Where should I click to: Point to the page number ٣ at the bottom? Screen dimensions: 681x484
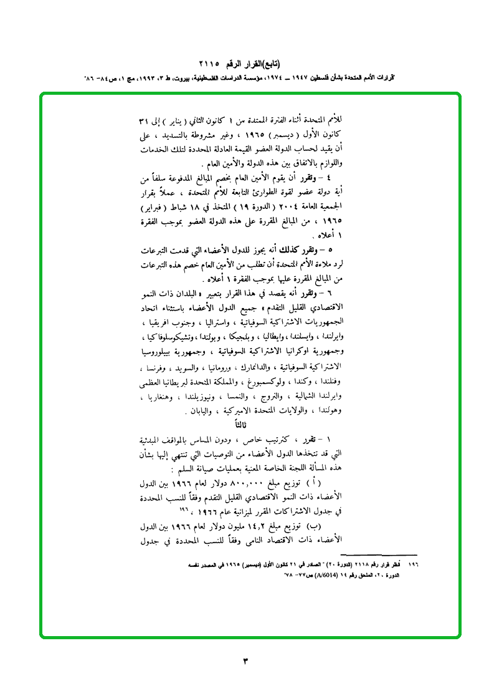click(x=245, y=660)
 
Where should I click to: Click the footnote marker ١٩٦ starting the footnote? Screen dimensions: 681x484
click(x=412, y=564)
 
